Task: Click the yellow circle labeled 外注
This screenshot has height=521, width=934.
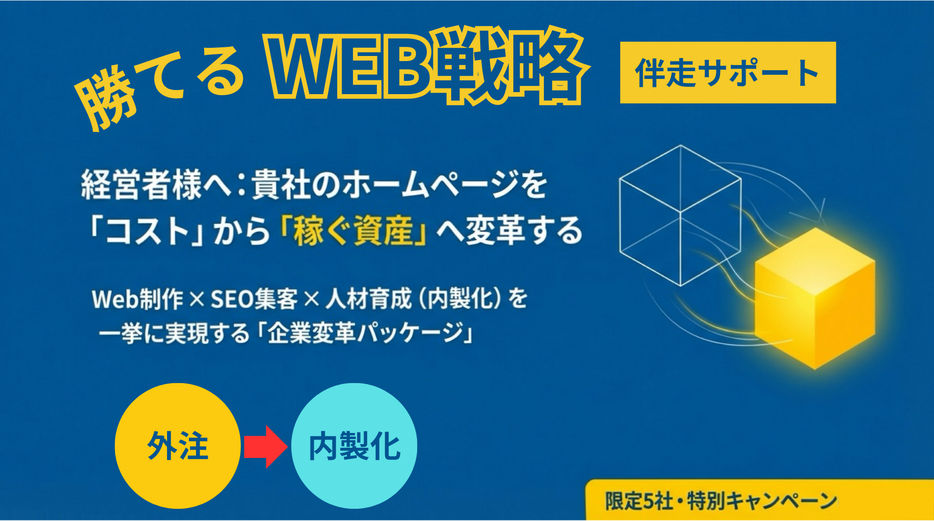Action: point(177,446)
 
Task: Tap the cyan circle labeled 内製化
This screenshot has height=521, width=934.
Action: point(354,446)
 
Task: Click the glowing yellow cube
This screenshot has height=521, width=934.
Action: point(814,298)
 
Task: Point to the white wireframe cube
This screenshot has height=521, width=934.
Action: point(681,216)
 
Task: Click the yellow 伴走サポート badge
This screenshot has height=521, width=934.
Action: point(728,73)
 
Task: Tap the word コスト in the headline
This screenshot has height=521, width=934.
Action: point(148,231)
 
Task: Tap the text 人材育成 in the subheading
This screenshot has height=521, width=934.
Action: point(368,299)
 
